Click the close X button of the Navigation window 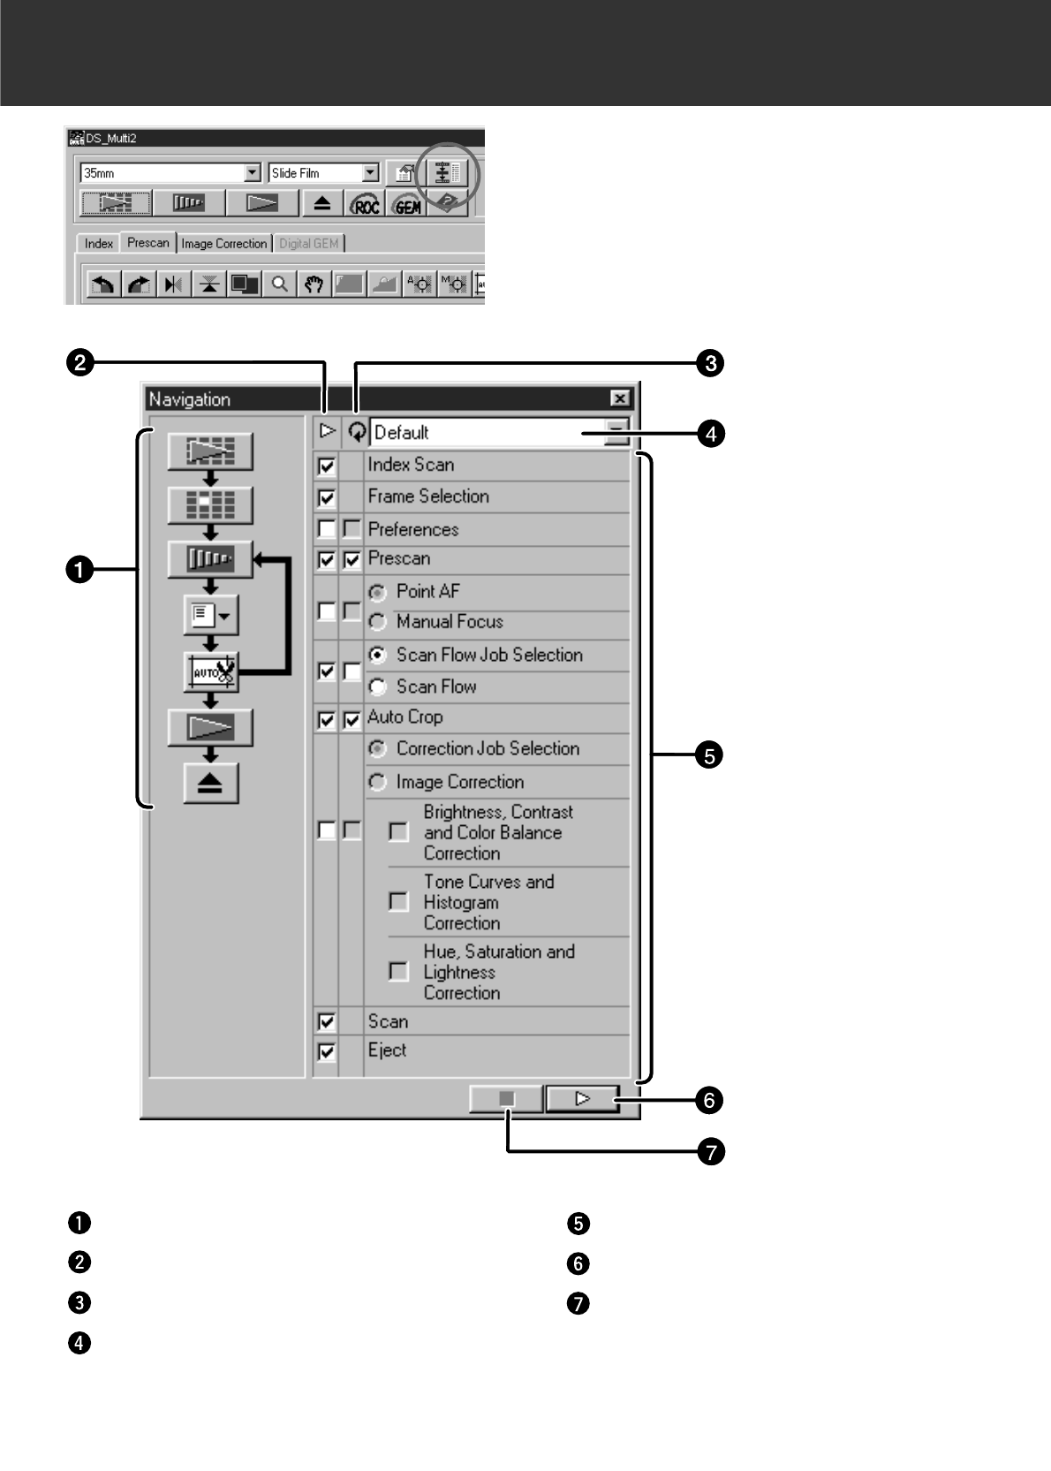tap(620, 398)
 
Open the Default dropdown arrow tap(616, 432)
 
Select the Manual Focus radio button tap(378, 623)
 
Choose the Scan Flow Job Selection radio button tap(378, 656)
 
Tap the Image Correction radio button tap(378, 783)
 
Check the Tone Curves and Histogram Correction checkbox tap(398, 901)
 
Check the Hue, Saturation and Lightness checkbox tap(398, 971)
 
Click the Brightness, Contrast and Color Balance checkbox tap(398, 831)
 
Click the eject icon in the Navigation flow tap(210, 784)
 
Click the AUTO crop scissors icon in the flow tap(210, 672)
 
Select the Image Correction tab tap(223, 244)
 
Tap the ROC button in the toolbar tap(365, 204)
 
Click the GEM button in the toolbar tap(406, 204)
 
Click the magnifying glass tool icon tap(279, 284)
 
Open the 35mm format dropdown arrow tap(253, 173)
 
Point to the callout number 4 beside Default tap(710, 434)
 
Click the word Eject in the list tap(387, 1050)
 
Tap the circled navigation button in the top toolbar tap(444, 173)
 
